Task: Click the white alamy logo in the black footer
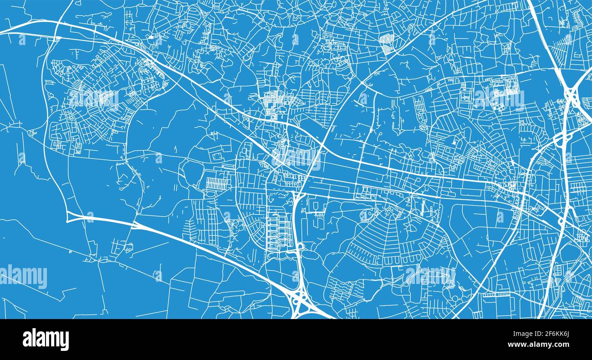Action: tap(46, 340)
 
